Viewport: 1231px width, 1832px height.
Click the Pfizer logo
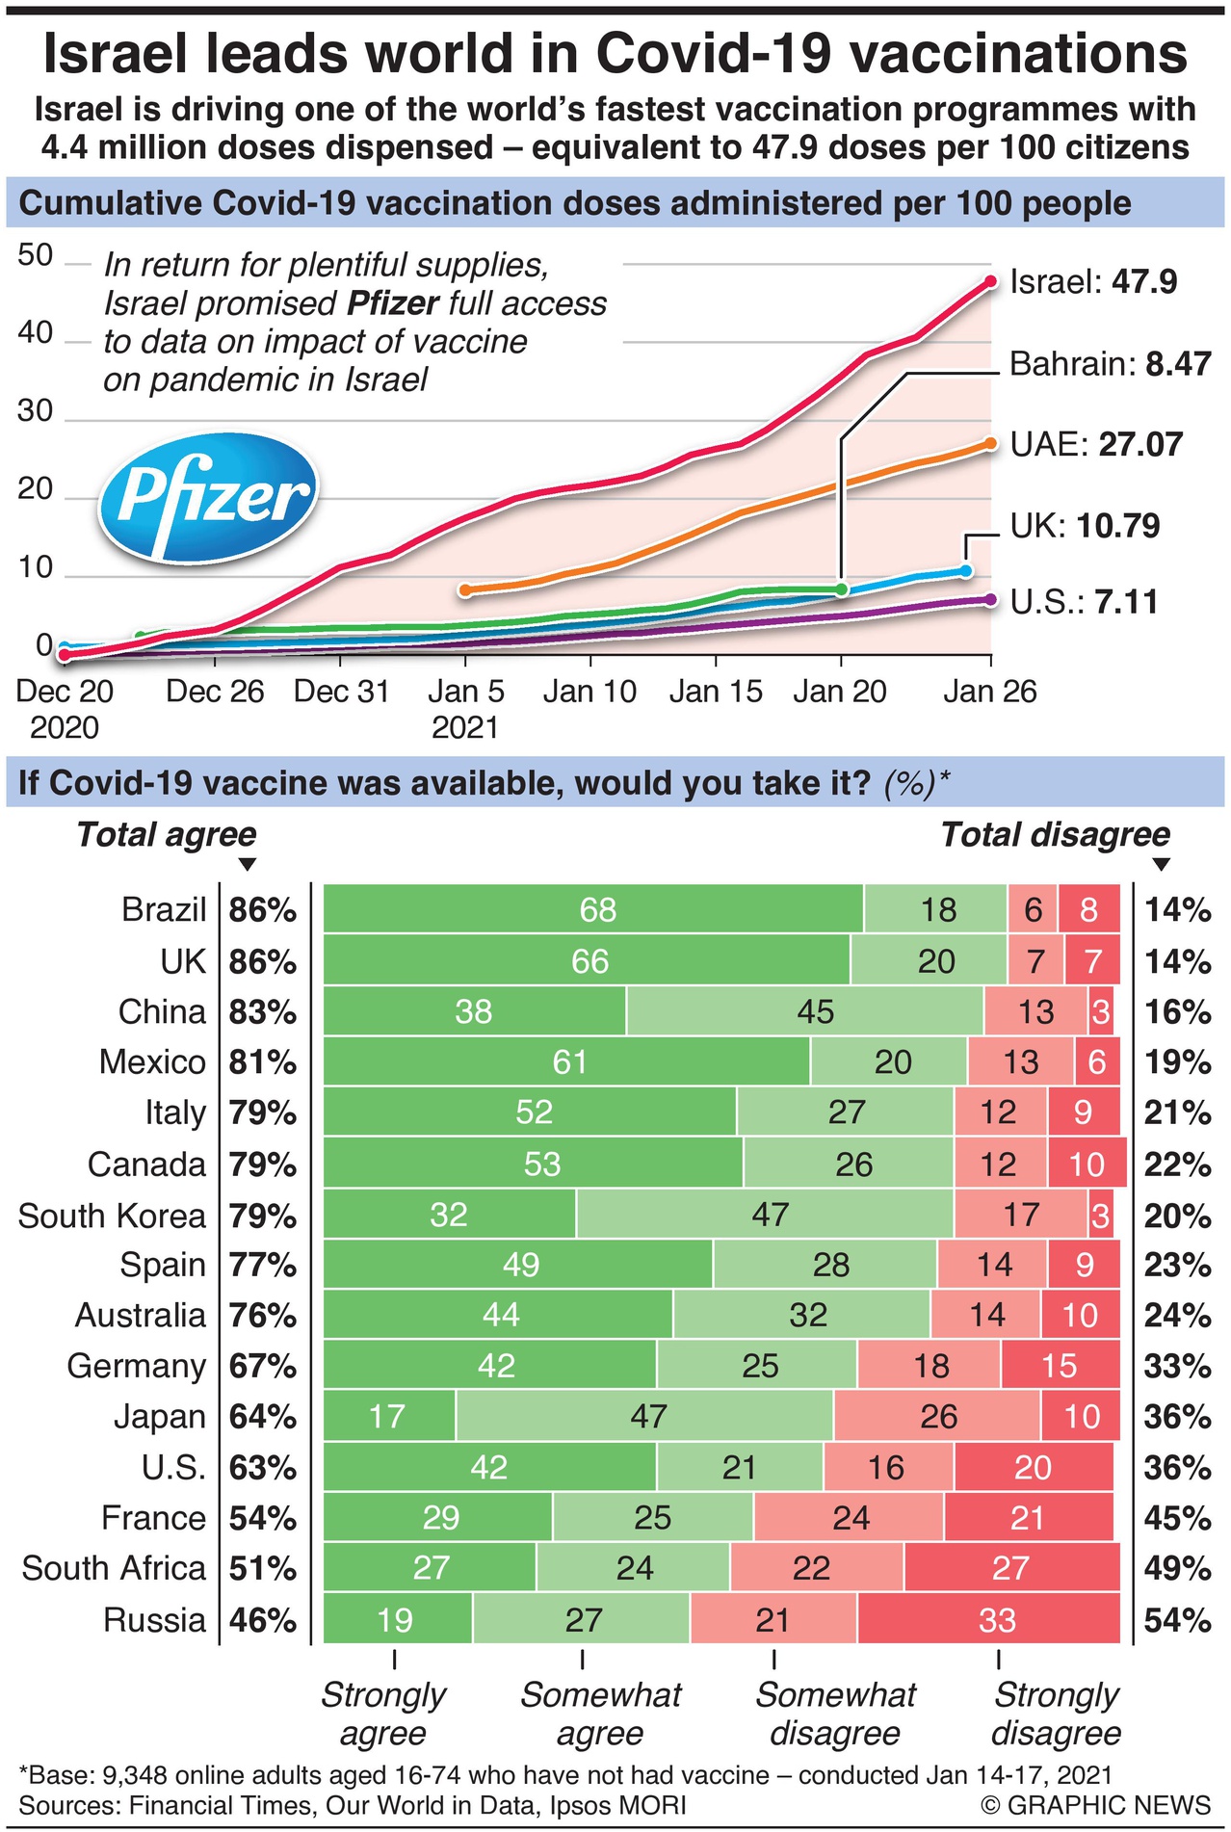(x=209, y=495)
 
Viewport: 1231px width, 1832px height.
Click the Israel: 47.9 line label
(x=1093, y=282)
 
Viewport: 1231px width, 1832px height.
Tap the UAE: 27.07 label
(x=1096, y=444)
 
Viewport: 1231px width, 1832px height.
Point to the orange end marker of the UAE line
(x=990, y=444)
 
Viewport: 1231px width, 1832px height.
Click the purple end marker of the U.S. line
(x=990, y=600)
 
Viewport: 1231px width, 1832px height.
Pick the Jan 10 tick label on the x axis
(x=589, y=692)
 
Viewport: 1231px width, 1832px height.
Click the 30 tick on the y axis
(x=36, y=411)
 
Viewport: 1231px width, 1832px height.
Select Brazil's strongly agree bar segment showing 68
(x=593, y=910)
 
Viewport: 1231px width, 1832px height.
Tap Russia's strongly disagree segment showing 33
(x=989, y=1620)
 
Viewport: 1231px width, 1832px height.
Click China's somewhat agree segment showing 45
(x=805, y=1011)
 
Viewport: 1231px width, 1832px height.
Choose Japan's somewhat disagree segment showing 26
(x=937, y=1417)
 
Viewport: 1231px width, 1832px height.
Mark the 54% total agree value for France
(x=262, y=1519)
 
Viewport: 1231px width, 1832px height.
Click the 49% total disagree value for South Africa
(x=1177, y=1569)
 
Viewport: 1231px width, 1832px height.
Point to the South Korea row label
(x=112, y=1216)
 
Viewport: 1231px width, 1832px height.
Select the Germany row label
(x=136, y=1366)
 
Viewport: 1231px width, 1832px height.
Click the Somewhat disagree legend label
(x=835, y=1713)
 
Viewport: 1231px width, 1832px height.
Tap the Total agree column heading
(x=167, y=834)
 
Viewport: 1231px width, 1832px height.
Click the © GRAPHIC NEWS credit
(x=1095, y=1805)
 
